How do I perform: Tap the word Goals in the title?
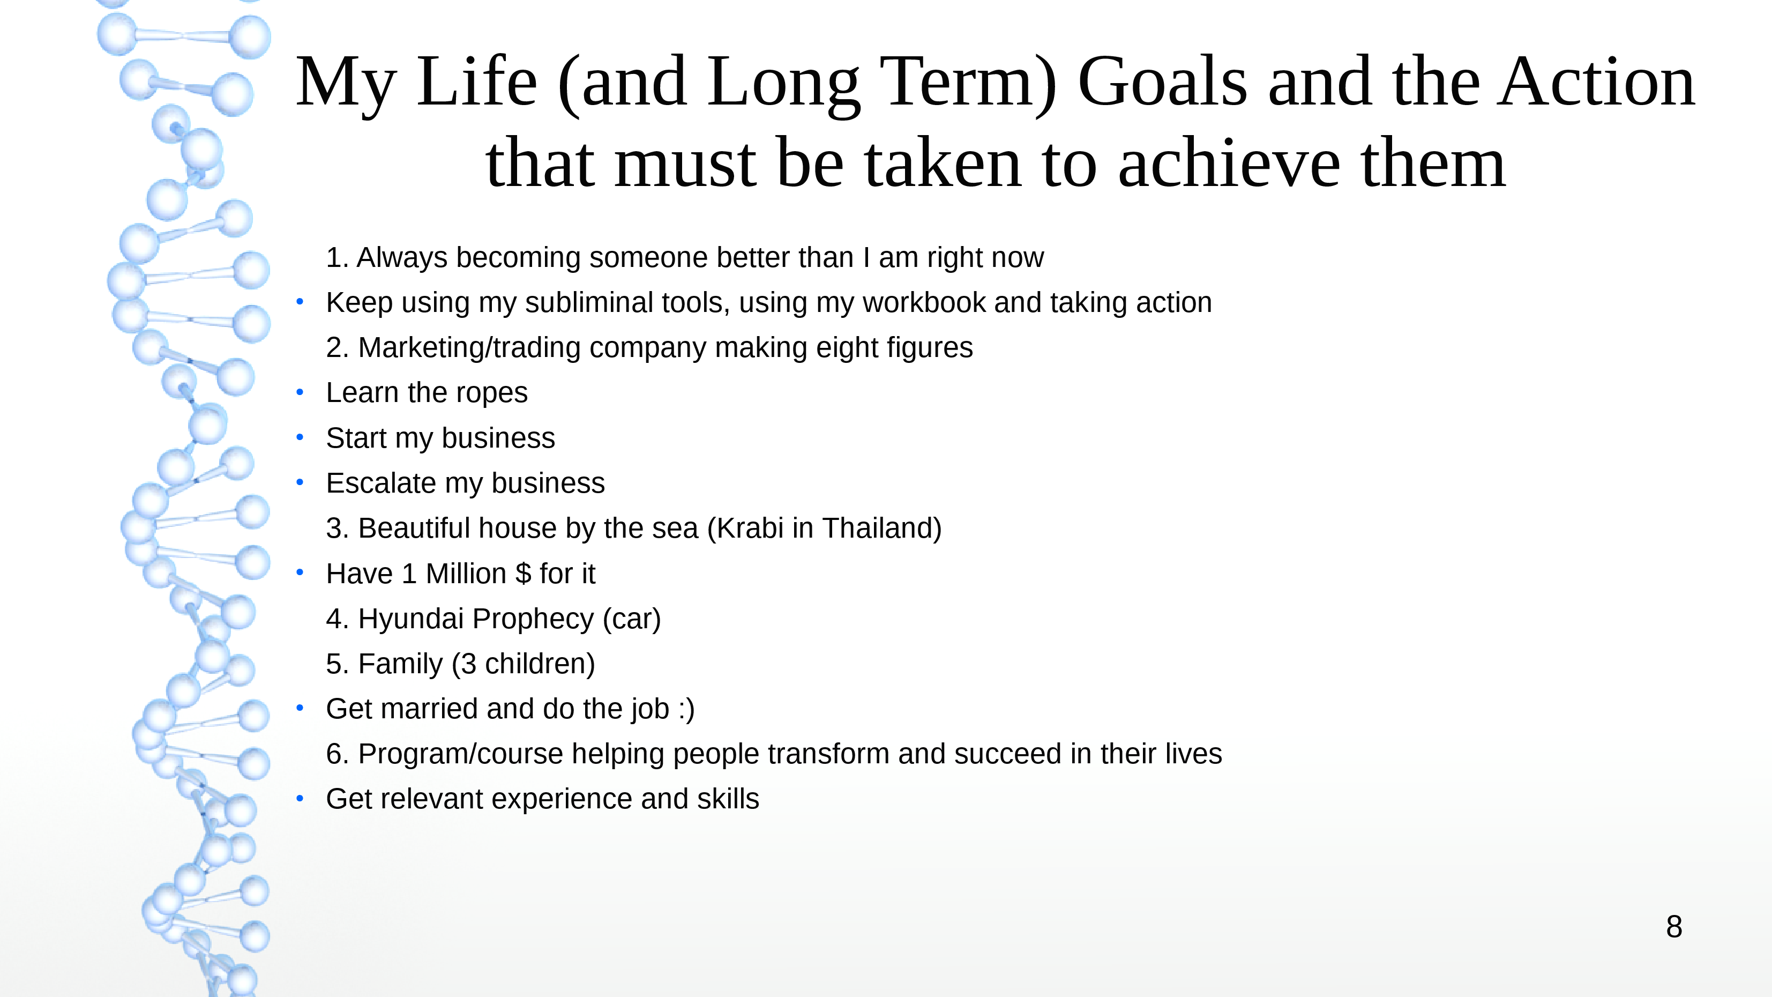pos(1163,82)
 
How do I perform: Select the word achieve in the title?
pos(1229,163)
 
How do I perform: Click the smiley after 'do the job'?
pos(686,709)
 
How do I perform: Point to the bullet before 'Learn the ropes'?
pos(300,393)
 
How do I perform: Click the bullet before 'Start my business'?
pos(300,437)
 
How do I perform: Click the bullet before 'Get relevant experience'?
pos(300,799)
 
